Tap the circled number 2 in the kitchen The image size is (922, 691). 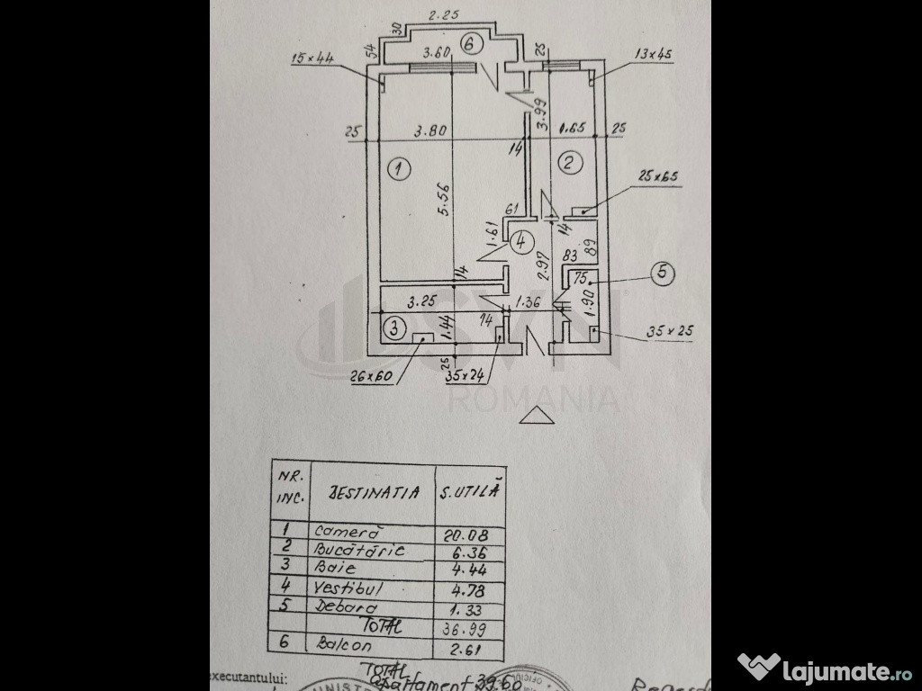coord(569,163)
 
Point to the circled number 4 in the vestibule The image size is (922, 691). coord(520,241)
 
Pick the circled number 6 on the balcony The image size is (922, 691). coord(473,43)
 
